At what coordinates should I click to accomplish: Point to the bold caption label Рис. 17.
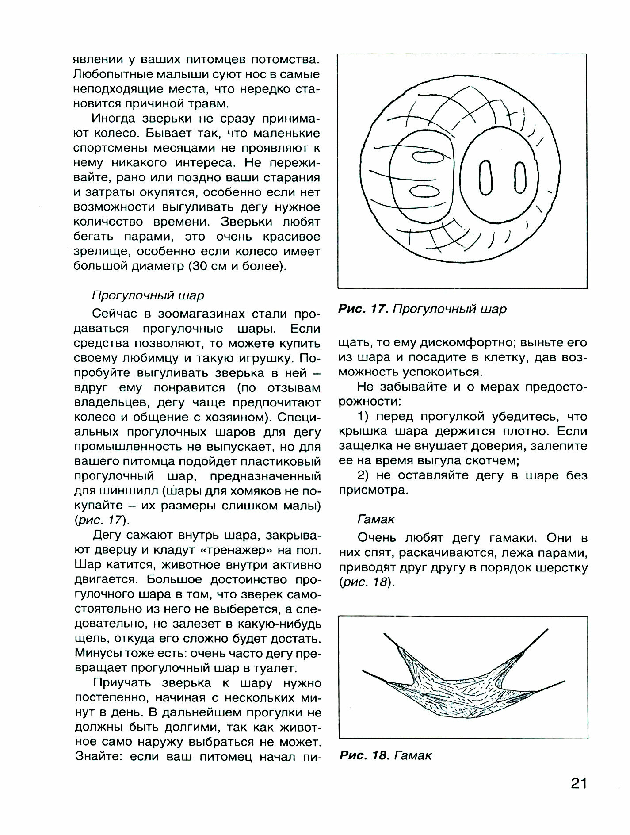tap(363, 309)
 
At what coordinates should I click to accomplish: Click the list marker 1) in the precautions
tap(364, 417)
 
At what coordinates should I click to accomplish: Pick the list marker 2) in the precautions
tap(364, 476)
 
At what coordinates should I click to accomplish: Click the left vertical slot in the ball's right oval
tap(485, 178)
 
